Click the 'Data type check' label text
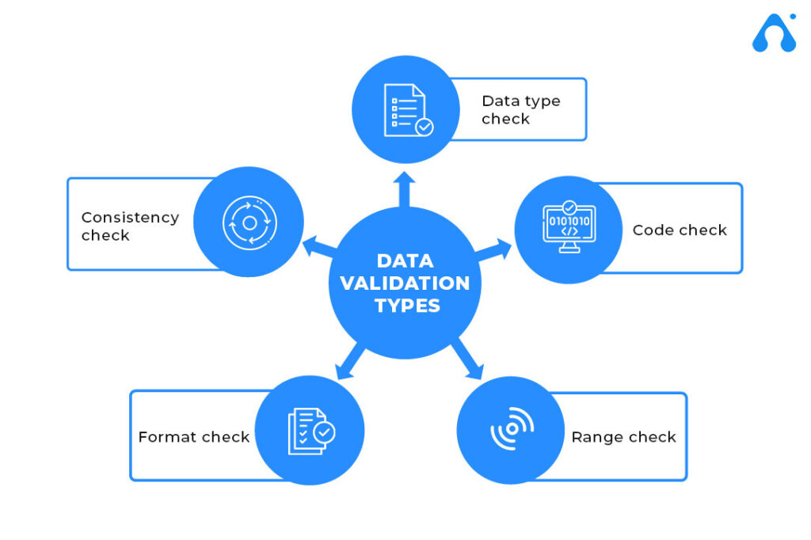(521, 109)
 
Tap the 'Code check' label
(680, 230)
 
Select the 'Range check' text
(624, 437)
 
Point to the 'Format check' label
(194, 437)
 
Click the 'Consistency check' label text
(131, 226)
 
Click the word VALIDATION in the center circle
(405, 283)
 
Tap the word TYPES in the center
(408, 306)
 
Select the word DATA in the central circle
(405, 260)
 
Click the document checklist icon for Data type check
(409, 110)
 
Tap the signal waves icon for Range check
(512, 428)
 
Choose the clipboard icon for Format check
(311, 432)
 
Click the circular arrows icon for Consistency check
(249, 223)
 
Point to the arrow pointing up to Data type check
(404, 189)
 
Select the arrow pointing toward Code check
(493, 250)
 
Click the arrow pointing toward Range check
(468, 359)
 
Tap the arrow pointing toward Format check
(349, 360)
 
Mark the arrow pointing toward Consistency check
(320, 247)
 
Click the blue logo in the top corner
(775, 32)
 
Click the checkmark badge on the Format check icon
(324, 432)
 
